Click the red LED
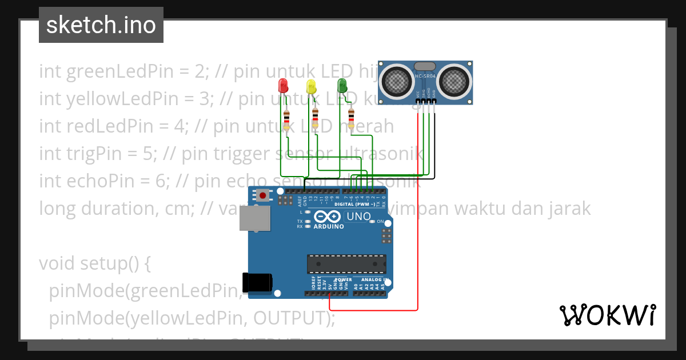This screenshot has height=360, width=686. click(283, 87)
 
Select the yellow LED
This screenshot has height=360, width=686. click(311, 87)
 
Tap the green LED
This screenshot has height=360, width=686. click(342, 86)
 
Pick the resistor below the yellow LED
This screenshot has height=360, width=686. click(316, 120)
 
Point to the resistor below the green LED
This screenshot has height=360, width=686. click(351, 119)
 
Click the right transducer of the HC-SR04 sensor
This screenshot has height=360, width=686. click(455, 81)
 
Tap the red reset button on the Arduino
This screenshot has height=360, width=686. click(262, 195)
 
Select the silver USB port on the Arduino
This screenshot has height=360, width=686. click(255, 219)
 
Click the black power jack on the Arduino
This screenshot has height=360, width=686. click(257, 283)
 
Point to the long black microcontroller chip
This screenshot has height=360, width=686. click(345, 263)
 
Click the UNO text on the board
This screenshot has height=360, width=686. click(359, 217)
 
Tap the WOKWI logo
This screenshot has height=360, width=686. click(607, 315)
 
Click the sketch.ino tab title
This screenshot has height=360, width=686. click(101, 25)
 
